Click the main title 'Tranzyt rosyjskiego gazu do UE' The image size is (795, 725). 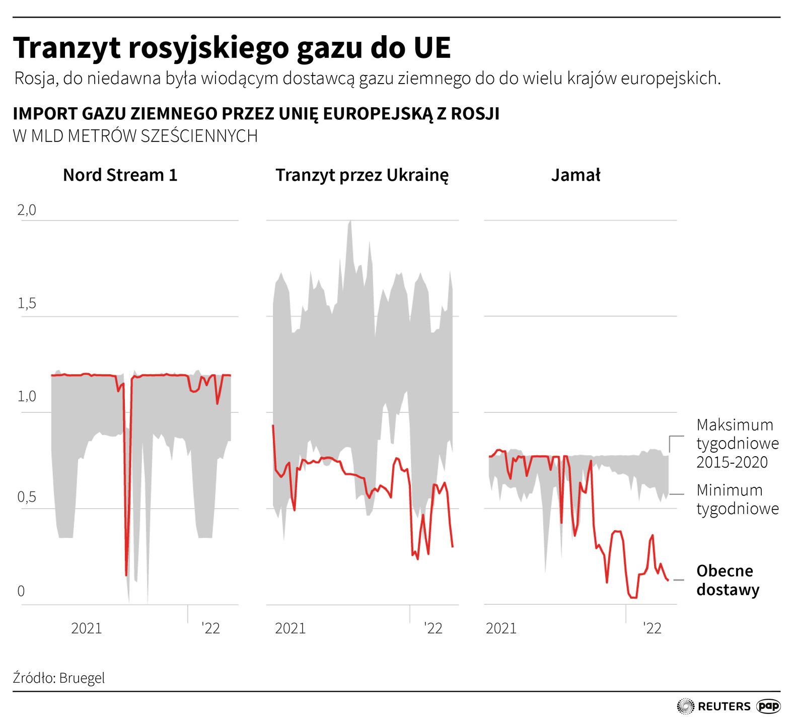232,48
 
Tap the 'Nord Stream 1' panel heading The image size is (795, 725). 120,175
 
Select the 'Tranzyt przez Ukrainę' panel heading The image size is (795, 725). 362,175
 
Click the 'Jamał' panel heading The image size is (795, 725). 575,175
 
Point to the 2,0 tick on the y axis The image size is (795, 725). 27,210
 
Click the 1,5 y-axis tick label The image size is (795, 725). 27,303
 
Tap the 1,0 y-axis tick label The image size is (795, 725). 27,397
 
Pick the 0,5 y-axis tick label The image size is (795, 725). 27,497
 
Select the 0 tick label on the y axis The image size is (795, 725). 21,591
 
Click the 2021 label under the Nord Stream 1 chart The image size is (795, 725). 86,628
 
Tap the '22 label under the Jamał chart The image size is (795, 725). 652,628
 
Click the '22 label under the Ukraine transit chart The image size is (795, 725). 432,628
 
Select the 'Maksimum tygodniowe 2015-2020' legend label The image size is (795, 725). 737,443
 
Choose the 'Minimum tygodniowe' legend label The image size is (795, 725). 737,499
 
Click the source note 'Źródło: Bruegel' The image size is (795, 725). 59,678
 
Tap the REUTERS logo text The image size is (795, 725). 724,706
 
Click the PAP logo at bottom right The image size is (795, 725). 768,706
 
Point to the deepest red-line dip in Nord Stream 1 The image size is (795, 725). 126,574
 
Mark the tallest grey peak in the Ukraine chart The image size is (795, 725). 349,223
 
